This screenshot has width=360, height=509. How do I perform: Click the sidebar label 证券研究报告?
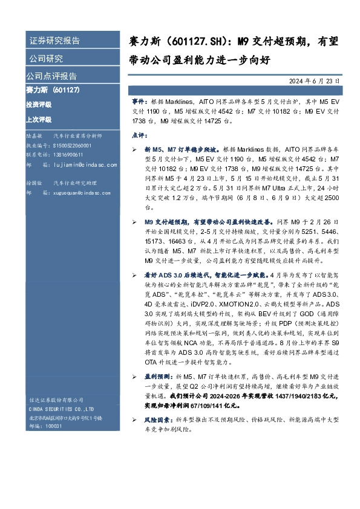[54, 41]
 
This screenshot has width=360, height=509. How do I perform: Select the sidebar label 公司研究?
[46, 59]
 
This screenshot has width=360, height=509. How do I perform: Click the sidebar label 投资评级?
[39, 104]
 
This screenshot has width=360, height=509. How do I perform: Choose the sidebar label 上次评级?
[39, 119]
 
